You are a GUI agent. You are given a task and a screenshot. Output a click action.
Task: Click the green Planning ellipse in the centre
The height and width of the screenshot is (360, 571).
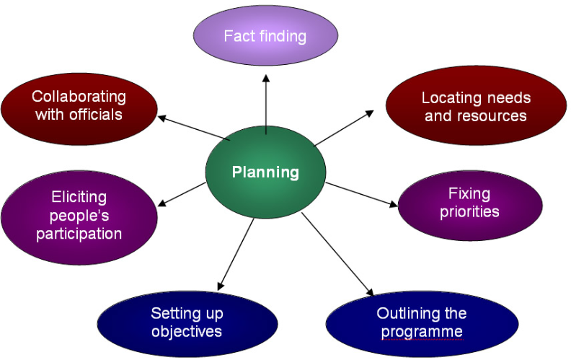click(265, 172)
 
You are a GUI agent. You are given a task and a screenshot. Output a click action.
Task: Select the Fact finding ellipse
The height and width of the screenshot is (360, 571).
click(265, 36)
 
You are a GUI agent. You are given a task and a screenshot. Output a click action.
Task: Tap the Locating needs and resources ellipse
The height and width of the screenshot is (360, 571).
click(475, 106)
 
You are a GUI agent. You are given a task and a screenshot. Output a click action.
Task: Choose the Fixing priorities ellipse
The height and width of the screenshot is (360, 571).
click(469, 203)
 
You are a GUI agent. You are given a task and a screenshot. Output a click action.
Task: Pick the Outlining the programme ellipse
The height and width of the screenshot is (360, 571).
click(422, 322)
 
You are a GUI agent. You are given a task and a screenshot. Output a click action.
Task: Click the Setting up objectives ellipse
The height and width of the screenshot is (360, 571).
click(187, 322)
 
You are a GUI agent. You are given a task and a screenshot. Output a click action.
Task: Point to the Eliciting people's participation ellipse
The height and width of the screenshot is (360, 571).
click(79, 215)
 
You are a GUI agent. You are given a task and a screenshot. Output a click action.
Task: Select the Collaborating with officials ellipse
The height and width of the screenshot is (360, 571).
click(79, 105)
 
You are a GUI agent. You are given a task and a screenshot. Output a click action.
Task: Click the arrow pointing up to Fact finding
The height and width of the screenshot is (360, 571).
click(266, 101)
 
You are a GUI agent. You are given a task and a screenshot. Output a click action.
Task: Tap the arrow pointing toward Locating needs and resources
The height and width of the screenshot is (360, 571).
click(344, 128)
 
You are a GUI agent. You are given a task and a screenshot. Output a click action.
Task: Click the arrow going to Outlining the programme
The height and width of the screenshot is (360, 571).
click(337, 254)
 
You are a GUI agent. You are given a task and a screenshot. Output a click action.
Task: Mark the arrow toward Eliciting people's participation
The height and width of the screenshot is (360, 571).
click(182, 193)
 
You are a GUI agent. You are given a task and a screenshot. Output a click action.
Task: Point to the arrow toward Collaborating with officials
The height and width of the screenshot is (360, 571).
click(193, 127)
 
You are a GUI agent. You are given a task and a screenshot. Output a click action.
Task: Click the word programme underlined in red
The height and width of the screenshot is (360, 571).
click(422, 332)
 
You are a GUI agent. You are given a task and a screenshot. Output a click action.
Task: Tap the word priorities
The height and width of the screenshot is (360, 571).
click(469, 212)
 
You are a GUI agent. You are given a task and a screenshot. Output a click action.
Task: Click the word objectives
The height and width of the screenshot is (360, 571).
click(187, 332)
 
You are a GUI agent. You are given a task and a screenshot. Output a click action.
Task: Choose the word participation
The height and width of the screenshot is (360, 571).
click(79, 234)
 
